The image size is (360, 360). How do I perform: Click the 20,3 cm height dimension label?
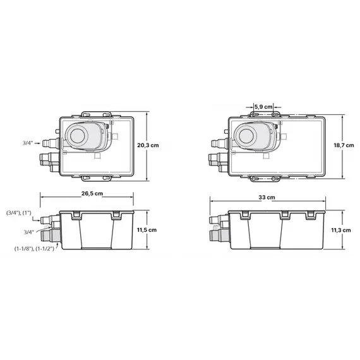[x=148, y=145]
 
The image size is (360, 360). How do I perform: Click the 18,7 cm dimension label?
[x=344, y=145]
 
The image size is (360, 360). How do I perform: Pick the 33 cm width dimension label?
[x=267, y=197]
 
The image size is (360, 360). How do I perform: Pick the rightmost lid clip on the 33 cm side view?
[x=311, y=215]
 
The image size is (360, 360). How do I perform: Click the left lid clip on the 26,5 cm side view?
[x=76, y=215]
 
